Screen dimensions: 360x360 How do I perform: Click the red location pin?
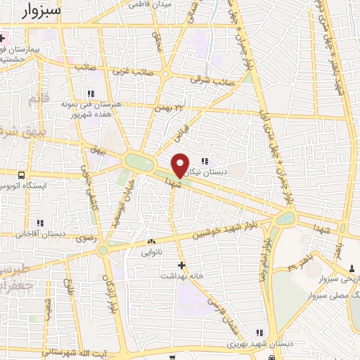click(x=180, y=165)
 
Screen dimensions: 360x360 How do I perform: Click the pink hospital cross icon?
click(x=3, y=37)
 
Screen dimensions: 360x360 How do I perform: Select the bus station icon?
click(x=22, y=174)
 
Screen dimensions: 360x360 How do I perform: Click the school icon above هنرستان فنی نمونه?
click(x=90, y=93)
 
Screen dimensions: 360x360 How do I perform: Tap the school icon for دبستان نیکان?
click(x=205, y=159)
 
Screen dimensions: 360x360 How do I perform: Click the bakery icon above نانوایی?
click(x=151, y=241)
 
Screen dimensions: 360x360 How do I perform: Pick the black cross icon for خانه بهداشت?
click(x=181, y=265)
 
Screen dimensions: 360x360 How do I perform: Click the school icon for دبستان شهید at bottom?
click(x=259, y=333)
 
